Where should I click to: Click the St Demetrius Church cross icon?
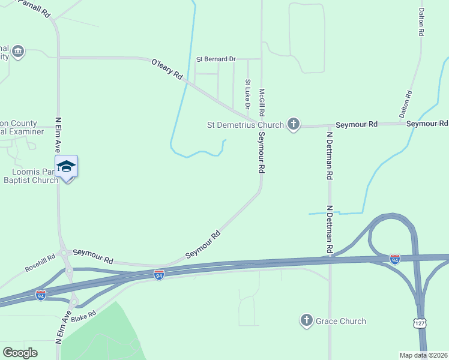click(293, 124)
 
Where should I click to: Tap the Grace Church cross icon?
click(307, 321)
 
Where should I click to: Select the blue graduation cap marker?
click(66, 167)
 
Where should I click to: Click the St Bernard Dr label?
click(216, 59)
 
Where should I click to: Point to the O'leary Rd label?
click(167, 69)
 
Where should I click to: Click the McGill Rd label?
click(262, 103)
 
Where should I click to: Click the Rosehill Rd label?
click(40, 262)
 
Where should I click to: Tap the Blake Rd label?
click(83, 316)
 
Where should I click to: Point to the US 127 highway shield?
click(420, 323)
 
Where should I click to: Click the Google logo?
click(20, 353)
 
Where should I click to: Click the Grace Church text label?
click(340, 321)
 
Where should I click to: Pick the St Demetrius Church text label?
click(246, 125)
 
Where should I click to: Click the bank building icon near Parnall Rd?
click(18, 51)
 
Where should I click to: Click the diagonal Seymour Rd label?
click(203, 245)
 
